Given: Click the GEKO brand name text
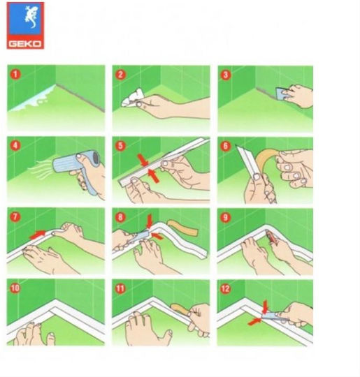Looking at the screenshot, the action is (x=25, y=44).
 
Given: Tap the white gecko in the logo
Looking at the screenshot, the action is (x=31, y=16).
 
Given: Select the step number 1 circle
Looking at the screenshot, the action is (x=15, y=74).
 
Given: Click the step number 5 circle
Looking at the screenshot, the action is (x=120, y=146).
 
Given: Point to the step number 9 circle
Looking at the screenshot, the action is (x=225, y=218).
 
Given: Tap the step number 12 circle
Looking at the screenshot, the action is (x=225, y=289).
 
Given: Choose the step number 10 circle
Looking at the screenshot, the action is (x=15, y=288).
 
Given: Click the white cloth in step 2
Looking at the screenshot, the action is (x=132, y=97).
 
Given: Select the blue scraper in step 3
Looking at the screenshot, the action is (x=281, y=94).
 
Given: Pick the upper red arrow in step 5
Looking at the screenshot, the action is (x=143, y=160).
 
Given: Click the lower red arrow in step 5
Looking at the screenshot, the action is (x=153, y=176).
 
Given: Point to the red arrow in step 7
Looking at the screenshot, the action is (x=37, y=235).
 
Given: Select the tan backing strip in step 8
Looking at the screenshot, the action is (x=182, y=228).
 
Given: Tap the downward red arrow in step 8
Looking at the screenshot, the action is (x=150, y=221).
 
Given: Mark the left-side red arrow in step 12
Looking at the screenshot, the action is (x=254, y=321).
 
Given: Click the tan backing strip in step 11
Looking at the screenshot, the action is (x=180, y=309).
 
